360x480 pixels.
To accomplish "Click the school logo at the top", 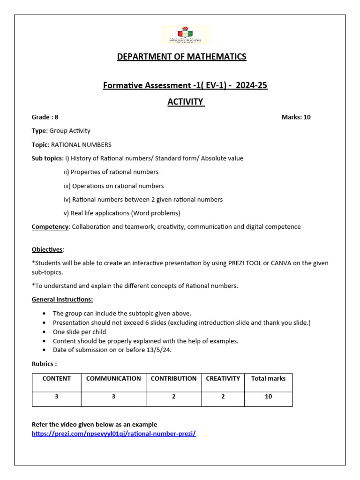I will point(185,35).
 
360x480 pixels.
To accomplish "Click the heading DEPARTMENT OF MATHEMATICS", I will point(181,57).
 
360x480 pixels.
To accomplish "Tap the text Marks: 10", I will point(296,117).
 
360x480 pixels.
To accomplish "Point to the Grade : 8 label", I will point(45,117).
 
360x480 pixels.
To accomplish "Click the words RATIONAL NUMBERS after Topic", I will point(81,145).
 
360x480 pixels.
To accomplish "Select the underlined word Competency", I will point(50,227).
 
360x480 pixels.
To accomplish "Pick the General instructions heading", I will point(62,299).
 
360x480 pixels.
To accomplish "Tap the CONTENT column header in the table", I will point(56,378).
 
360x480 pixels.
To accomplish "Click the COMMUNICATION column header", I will point(113,378).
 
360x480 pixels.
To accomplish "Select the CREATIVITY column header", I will point(223,378).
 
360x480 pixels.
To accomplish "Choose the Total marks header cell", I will point(268,378).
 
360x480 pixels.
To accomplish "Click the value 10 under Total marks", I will point(268,397).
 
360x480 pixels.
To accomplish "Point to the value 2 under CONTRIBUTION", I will point(173,397).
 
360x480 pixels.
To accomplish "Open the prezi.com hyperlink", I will point(113,434).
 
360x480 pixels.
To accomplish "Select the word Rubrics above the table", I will point(44,364).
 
